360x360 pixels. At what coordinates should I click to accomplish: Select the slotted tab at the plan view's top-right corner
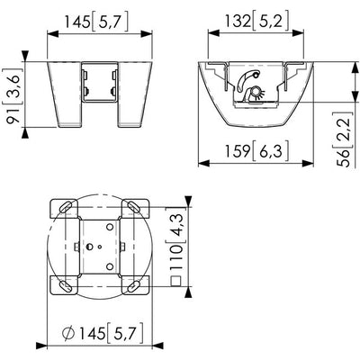[132, 208]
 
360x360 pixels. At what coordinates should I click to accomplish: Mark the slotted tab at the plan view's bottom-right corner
[132, 286]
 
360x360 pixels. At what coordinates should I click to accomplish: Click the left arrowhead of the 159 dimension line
[202, 164]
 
